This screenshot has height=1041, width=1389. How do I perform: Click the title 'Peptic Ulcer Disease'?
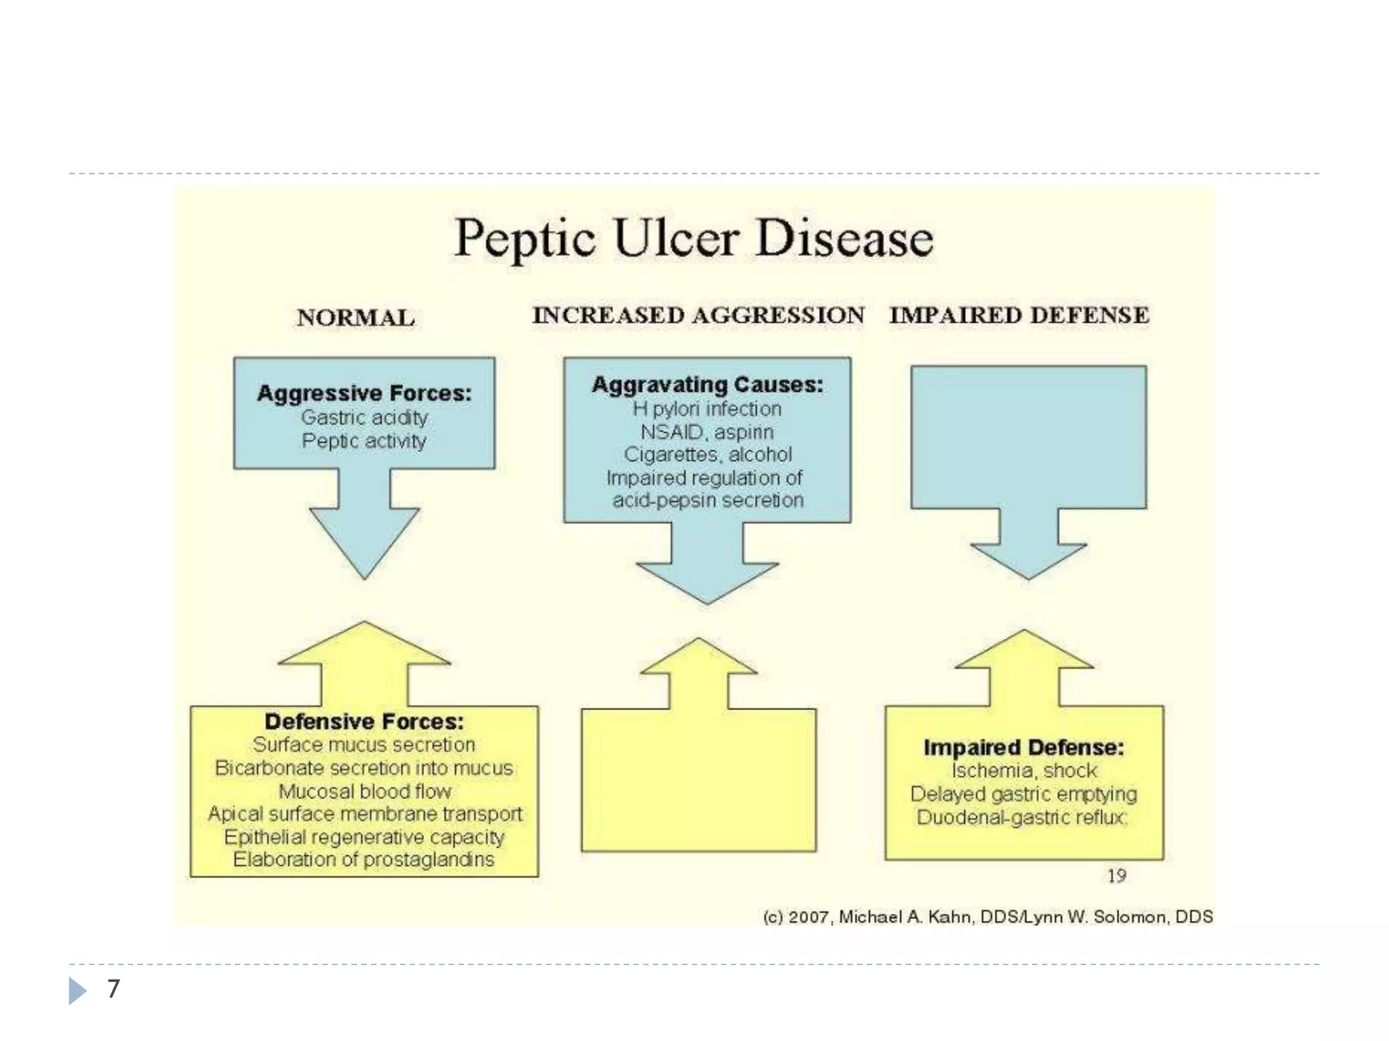pos(693,239)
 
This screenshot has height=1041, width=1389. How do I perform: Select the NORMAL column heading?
pos(355,318)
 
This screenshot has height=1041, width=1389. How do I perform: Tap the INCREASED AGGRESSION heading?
pos(698,315)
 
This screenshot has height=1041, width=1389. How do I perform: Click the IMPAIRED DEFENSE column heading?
pos(1019,315)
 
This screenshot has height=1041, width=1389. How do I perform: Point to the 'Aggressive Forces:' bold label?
pos(364,393)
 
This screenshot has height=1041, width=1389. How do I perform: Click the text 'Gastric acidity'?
pos(364,417)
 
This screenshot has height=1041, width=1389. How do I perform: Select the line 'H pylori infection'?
pos(707,409)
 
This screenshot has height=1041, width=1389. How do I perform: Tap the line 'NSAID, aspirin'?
pos(707,432)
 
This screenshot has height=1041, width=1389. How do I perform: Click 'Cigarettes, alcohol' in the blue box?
pos(707,454)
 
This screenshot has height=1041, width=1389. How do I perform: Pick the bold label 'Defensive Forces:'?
pos(364,721)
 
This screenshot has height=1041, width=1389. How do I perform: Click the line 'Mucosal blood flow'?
pos(364,791)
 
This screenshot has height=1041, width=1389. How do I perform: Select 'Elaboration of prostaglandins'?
pos(364,859)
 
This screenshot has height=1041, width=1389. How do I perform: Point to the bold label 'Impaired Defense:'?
pos(1023,748)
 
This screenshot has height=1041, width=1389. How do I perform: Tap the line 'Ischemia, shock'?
pos(1023,771)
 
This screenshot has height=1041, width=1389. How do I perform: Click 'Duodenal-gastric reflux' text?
pos(1021,817)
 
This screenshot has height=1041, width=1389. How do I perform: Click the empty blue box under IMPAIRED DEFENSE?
pos(1028,437)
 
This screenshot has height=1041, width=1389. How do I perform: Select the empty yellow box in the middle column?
pos(699,779)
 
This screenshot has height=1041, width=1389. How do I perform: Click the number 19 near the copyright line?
pos(1116,876)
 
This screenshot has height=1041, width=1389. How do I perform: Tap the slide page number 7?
pos(113,989)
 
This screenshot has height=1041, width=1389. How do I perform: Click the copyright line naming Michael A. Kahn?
pos(987,917)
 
